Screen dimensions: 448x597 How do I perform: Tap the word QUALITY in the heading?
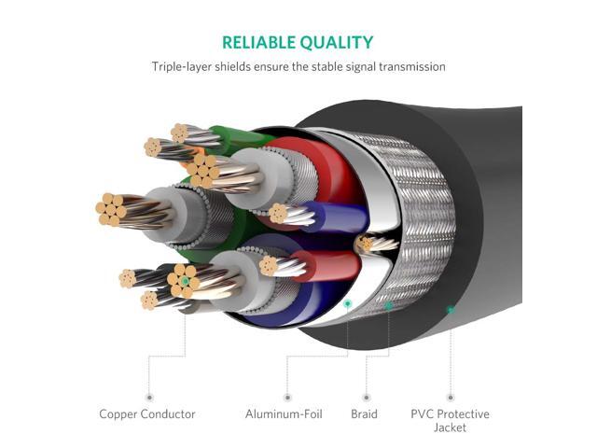pos(338,42)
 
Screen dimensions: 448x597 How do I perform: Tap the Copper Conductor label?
pos(147,413)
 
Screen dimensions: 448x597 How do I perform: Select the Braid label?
pos(365,413)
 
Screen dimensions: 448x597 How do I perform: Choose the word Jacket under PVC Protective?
pos(450,427)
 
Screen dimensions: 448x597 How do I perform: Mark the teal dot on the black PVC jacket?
pos(450,309)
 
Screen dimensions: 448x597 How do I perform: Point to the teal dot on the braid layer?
pos(389,305)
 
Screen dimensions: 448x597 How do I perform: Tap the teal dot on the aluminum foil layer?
pos(348,303)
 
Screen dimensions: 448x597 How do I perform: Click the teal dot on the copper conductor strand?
pos(185,280)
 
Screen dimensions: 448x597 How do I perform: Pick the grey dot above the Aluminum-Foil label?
pos(287,397)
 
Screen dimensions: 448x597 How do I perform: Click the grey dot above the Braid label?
pos(365,397)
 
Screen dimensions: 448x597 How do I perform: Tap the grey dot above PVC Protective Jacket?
pos(450,397)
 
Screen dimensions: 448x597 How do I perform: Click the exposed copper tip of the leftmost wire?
pos(111,211)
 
